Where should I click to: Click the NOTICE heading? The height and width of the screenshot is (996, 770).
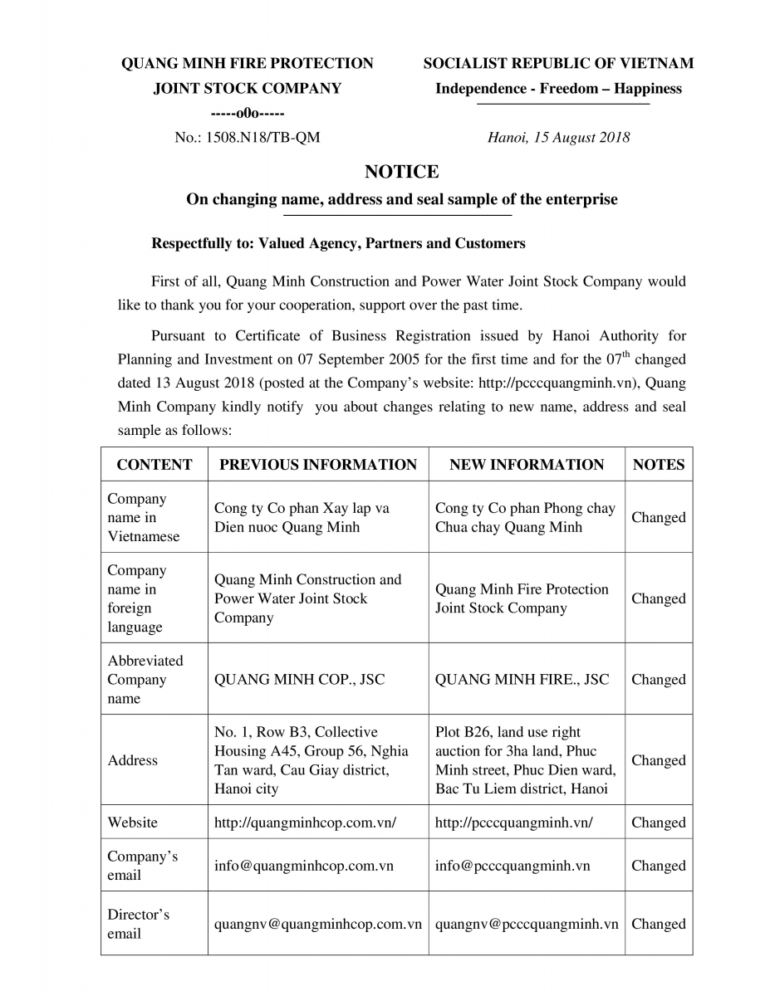click(x=401, y=172)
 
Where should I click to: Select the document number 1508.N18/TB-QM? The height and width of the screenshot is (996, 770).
click(x=247, y=138)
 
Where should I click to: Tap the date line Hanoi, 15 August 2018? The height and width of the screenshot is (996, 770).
click(x=558, y=138)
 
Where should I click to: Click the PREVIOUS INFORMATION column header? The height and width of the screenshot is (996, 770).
click(x=318, y=465)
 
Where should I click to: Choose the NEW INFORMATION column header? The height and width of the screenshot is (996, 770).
click(x=527, y=465)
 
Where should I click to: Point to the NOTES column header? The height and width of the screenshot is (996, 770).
click(x=659, y=465)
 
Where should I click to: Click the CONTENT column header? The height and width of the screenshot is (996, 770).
click(x=154, y=465)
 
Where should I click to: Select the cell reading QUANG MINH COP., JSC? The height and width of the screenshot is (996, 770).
click(x=300, y=679)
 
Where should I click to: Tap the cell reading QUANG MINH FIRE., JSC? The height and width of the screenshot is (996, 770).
click(x=522, y=679)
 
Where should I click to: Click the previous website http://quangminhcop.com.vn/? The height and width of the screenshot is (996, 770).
click(x=305, y=823)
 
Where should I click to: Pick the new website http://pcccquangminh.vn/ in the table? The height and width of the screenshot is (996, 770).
click(x=513, y=823)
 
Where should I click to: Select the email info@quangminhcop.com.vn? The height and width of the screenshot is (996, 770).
click(x=304, y=866)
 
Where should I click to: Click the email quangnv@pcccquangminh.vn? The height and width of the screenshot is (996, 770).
click(x=527, y=924)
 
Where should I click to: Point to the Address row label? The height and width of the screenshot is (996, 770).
click(x=132, y=760)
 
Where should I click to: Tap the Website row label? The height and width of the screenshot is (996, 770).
click(x=132, y=823)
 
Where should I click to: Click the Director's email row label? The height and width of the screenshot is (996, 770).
click(x=138, y=924)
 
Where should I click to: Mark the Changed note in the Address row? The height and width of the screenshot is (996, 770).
click(x=659, y=760)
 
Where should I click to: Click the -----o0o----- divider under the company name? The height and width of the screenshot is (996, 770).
click(x=247, y=113)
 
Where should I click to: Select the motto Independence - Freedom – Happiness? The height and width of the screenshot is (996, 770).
click(x=558, y=89)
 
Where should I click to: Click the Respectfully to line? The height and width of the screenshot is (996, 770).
click(x=338, y=243)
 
